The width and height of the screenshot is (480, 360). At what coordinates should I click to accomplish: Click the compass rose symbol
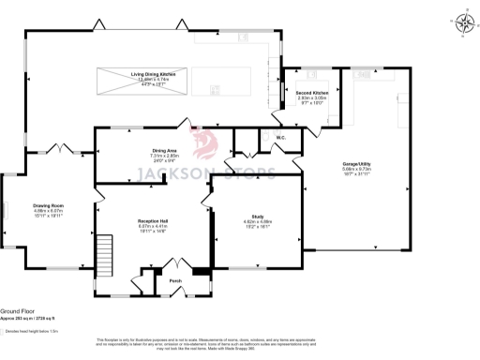tap(461, 23)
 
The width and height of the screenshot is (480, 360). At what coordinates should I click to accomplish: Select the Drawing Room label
tap(49, 205)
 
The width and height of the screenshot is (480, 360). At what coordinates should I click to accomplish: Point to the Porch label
tap(174, 279)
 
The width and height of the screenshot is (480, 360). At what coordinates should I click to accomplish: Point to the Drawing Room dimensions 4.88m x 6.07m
tap(49, 211)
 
